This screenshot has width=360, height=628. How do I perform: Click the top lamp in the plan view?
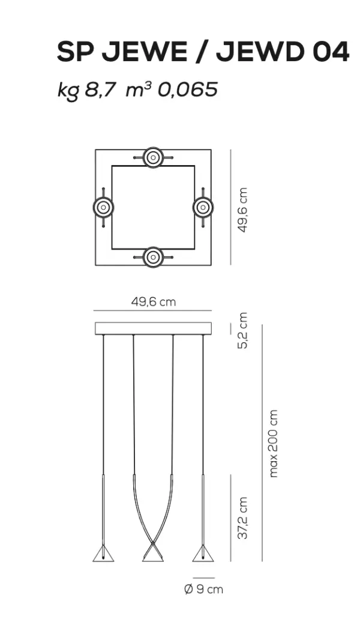[153, 157]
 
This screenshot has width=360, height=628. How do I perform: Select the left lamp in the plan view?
[103, 208]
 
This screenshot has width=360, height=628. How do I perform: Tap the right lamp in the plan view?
[203, 208]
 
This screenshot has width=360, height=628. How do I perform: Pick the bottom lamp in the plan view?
[153, 257]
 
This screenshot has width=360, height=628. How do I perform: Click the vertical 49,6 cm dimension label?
[242, 210]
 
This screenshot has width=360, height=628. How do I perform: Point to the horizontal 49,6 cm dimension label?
[154, 301]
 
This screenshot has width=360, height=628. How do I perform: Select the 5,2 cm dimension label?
[242, 330]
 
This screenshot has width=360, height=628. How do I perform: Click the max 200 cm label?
[273, 443]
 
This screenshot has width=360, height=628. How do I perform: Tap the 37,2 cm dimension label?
[242, 518]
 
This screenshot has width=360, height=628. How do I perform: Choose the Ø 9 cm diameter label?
[203, 589]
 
